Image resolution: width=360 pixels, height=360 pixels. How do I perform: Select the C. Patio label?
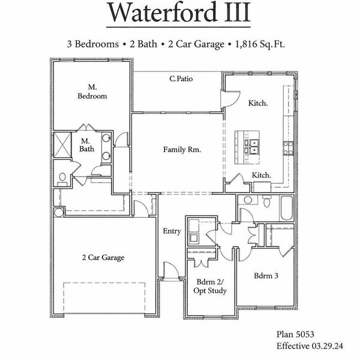point(181,79)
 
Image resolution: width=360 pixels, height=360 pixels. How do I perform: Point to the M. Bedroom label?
point(92,92)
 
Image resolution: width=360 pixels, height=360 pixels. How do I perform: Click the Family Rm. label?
point(182,149)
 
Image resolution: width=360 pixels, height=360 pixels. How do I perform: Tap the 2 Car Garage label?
point(103,257)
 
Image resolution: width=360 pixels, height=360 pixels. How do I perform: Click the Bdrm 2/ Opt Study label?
point(211,286)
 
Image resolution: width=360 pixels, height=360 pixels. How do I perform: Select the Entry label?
point(172,231)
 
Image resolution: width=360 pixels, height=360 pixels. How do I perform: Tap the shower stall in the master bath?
point(62,143)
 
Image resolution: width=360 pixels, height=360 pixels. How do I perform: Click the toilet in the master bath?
point(62,178)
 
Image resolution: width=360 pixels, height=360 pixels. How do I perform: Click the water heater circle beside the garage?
point(58,212)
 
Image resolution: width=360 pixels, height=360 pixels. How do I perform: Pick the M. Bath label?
point(85,145)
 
